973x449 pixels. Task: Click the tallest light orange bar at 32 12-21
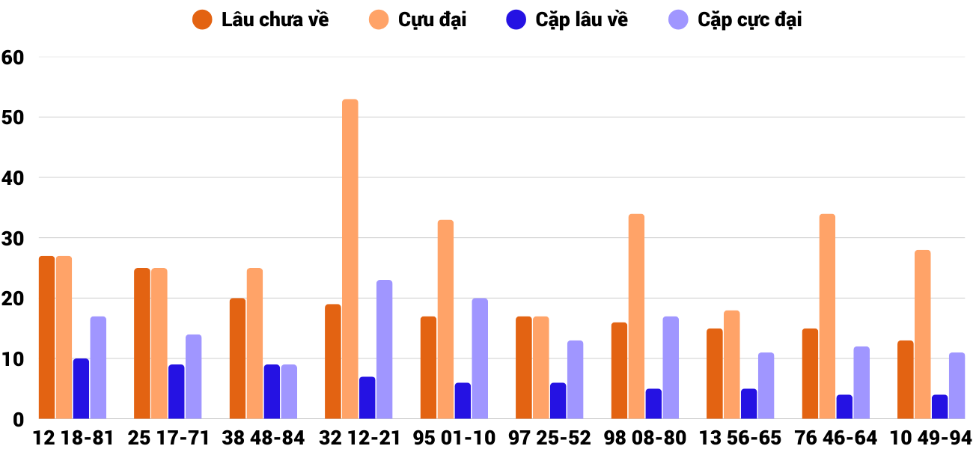click(350, 259)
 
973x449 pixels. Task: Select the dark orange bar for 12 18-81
click(46, 337)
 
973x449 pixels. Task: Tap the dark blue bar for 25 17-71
click(176, 391)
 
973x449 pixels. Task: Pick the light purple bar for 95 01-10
click(480, 358)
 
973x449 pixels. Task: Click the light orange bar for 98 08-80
click(636, 317)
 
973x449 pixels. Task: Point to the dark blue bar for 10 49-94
click(939, 406)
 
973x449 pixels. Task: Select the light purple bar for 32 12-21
click(384, 349)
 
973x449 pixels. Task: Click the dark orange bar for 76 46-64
click(810, 373)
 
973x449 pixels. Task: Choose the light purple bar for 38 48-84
click(289, 391)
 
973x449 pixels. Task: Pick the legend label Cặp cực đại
click(749, 20)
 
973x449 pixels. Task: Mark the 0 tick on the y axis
click(19, 420)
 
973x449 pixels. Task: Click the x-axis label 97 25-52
click(549, 438)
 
